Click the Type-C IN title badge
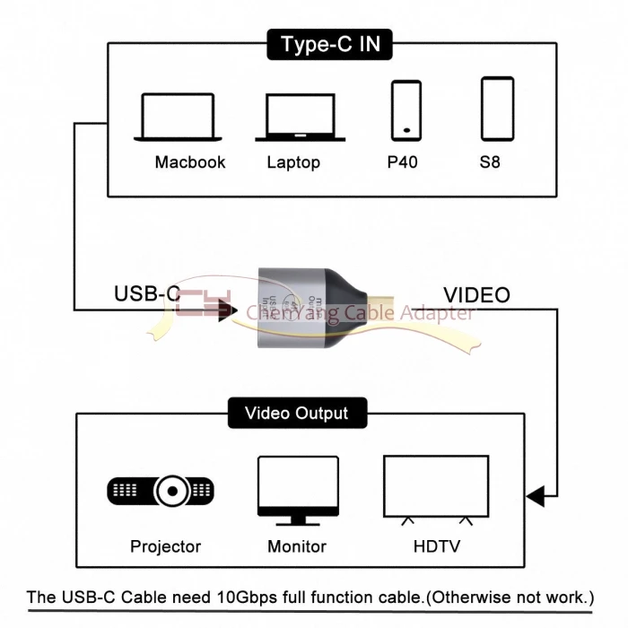coord(330,44)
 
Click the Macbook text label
coord(190,162)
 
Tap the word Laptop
coord(293,162)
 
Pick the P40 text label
coord(402,162)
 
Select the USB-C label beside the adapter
coord(147,294)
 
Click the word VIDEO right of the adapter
coord(476,294)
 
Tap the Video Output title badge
coord(296,414)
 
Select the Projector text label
coord(166,546)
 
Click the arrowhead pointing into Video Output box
coord(536,494)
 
